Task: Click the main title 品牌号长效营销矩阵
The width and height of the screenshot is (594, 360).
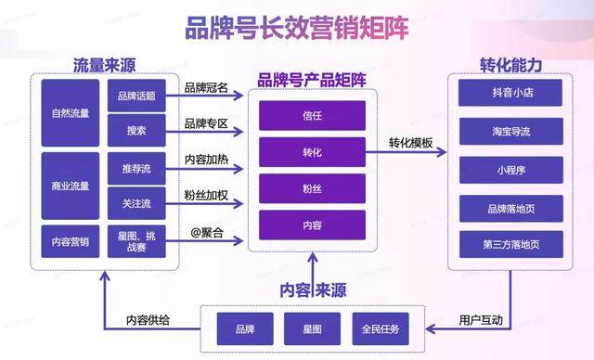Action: [297, 28]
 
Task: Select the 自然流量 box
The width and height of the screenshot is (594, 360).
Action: [71, 114]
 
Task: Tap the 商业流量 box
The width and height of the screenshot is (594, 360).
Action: [71, 186]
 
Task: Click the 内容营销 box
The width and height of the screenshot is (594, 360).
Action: [71, 241]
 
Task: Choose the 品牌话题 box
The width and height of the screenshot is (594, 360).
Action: [136, 95]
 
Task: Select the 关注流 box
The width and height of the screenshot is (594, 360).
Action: [136, 201]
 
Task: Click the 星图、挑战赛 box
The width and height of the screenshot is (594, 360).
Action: [136, 241]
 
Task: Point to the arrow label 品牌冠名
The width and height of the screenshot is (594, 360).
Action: [206, 89]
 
